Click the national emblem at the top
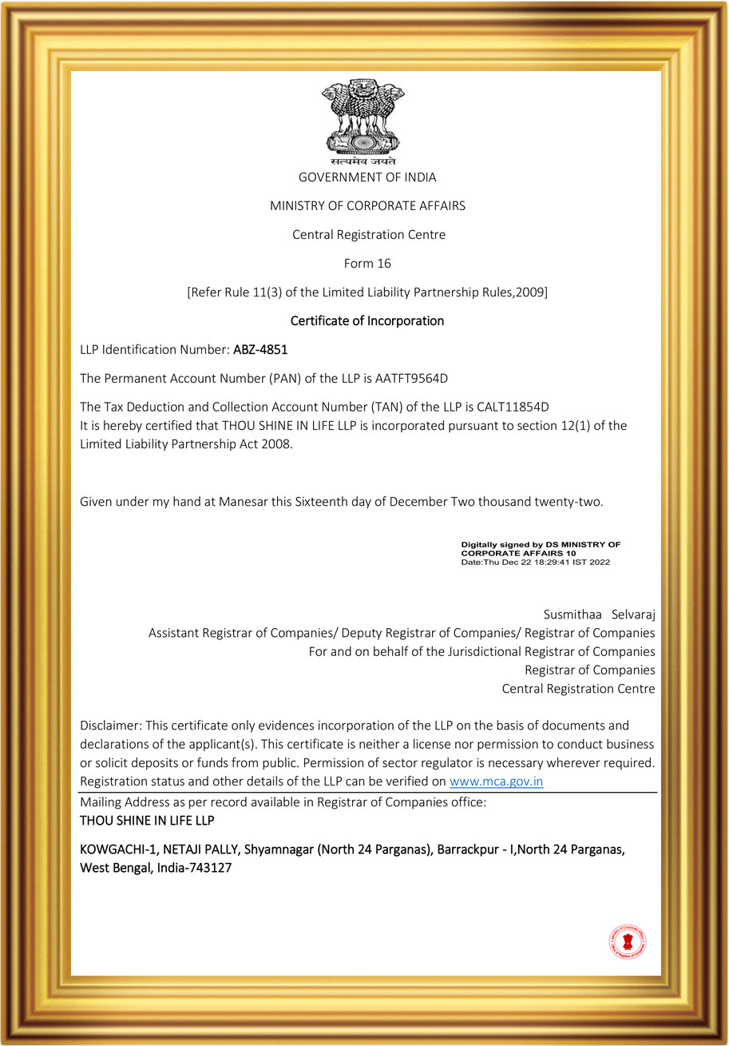363,120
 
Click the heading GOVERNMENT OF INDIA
367,177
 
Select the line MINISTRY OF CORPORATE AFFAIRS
367,206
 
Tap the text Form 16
367,263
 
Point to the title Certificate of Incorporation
367,320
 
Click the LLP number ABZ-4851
260,349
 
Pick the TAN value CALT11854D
513,407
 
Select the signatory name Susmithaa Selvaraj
599,614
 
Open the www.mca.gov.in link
496,782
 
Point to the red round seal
627,942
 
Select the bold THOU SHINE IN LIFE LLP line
147,821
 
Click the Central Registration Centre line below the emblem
367,235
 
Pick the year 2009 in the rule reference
529,292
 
